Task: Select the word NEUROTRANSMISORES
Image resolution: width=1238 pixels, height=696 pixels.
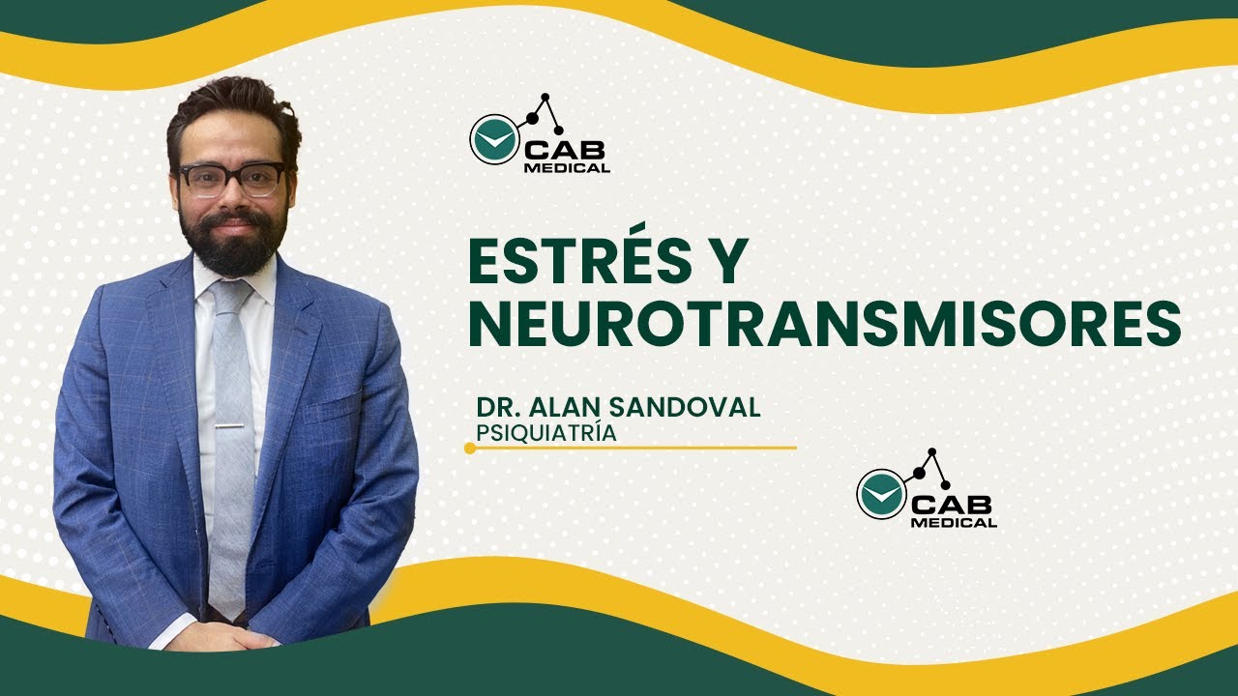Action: [x=824, y=324]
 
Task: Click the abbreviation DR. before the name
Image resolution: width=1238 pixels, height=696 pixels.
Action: [x=499, y=407]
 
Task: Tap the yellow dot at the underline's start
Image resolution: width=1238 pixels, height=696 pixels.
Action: [x=470, y=448]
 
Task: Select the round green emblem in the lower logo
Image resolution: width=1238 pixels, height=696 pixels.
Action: [x=880, y=493]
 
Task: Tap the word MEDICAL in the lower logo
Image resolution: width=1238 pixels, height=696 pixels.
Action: [x=954, y=523]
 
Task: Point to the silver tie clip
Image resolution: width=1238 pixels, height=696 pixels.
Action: [x=230, y=426]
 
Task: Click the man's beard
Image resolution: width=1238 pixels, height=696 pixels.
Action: [x=233, y=242]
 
